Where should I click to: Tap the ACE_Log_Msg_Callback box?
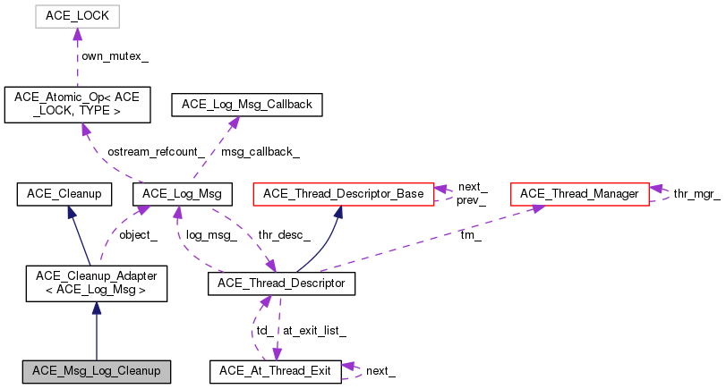(x=247, y=105)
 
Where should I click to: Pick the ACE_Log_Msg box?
(x=183, y=193)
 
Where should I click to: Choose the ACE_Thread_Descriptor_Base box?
(x=344, y=193)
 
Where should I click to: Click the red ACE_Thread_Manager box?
(x=578, y=193)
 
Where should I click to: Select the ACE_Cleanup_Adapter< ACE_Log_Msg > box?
(x=96, y=283)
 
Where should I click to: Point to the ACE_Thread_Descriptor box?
(x=282, y=283)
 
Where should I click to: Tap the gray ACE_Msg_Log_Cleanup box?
(x=96, y=371)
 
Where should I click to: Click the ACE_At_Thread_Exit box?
(x=275, y=371)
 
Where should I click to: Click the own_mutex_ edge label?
(x=115, y=56)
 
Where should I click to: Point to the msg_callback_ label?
(x=261, y=152)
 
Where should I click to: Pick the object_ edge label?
(x=139, y=235)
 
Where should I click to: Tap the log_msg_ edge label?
(x=211, y=235)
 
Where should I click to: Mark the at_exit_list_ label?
(x=314, y=330)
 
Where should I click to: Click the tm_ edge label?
(x=469, y=235)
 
